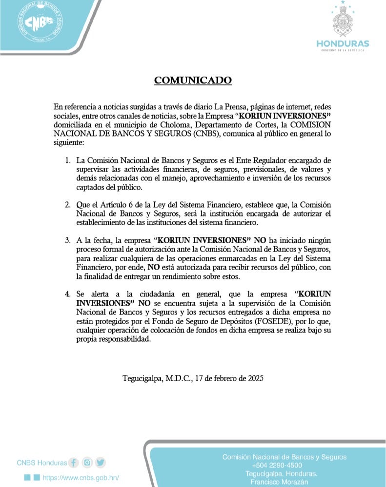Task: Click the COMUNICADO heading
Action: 193,80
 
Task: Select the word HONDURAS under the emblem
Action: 343,44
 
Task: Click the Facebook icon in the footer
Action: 74,462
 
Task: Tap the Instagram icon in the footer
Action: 87,462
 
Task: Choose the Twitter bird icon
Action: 101,462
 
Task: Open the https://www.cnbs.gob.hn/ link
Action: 81,478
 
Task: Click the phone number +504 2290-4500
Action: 284,466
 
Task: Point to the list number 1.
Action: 68,160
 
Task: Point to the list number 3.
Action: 68,240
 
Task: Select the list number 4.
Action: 68,294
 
